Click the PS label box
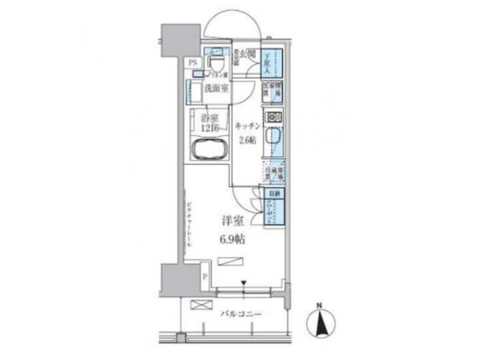coord(193,63)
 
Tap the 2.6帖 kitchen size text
coord(246,141)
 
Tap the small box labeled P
coord(205,275)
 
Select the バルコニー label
coord(240,313)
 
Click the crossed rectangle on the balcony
coord(199,305)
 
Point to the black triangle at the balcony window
coord(245,283)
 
